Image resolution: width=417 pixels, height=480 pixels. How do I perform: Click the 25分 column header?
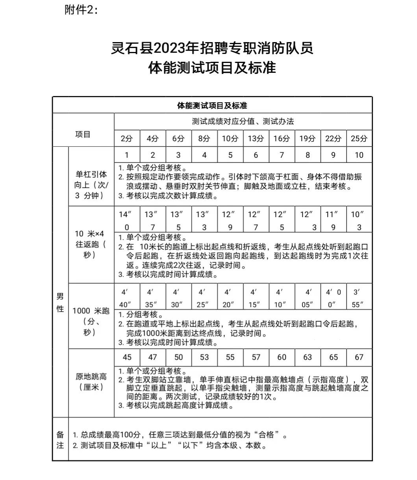click(359, 138)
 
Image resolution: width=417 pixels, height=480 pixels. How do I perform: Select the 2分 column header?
click(127, 138)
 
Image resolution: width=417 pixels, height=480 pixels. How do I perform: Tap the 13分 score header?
click(256, 138)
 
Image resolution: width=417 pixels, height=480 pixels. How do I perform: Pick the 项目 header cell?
click(83, 134)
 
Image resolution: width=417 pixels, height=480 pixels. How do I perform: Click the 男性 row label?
click(60, 303)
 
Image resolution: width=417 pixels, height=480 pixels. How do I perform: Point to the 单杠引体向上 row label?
click(91, 185)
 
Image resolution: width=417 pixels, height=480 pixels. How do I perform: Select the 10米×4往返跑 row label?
click(91, 244)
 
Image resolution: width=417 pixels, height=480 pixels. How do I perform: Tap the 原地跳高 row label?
click(91, 382)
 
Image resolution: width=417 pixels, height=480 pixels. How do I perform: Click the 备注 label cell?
click(60, 440)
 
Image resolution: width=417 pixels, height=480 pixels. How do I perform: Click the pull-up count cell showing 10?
click(359, 155)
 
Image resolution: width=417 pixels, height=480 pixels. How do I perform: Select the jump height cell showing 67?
click(359, 357)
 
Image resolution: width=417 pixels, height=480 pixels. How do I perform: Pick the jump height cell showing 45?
click(127, 357)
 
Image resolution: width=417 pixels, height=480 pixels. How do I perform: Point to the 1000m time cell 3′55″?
click(359, 298)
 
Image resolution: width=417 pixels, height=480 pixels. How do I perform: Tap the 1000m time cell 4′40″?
click(127, 298)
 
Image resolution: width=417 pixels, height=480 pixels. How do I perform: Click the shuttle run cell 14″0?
click(127, 221)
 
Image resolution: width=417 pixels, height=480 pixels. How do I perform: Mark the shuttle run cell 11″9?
click(333, 221)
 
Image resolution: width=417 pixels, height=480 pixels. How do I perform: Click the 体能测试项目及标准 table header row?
click(212, 105)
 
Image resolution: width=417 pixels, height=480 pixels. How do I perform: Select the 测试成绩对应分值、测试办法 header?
click(243, 122)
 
